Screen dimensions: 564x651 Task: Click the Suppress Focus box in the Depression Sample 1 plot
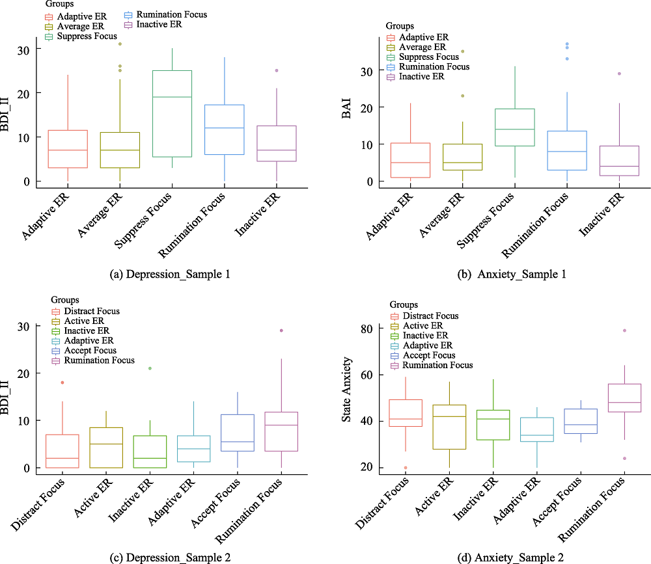pyautogui.click(x=172, y=113)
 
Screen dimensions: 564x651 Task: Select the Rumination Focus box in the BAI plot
pyautogui.click(x=566, y=150)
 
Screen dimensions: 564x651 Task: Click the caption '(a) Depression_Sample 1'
pyautogui.click(x=169, y=274)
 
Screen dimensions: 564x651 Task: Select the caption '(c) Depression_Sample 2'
pyautogui.click(x=169, y=556)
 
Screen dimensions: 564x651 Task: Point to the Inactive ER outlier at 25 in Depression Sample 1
pyautogui.click(x=276, y=70)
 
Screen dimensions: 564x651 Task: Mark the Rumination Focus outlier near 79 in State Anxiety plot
pyautogui.click(x=624, y=330)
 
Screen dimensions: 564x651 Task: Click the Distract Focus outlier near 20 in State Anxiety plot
pyautogui.click(x=405, y=468)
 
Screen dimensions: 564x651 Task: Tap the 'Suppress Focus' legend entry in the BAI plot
pyautogui.click(x=427, y=57)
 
